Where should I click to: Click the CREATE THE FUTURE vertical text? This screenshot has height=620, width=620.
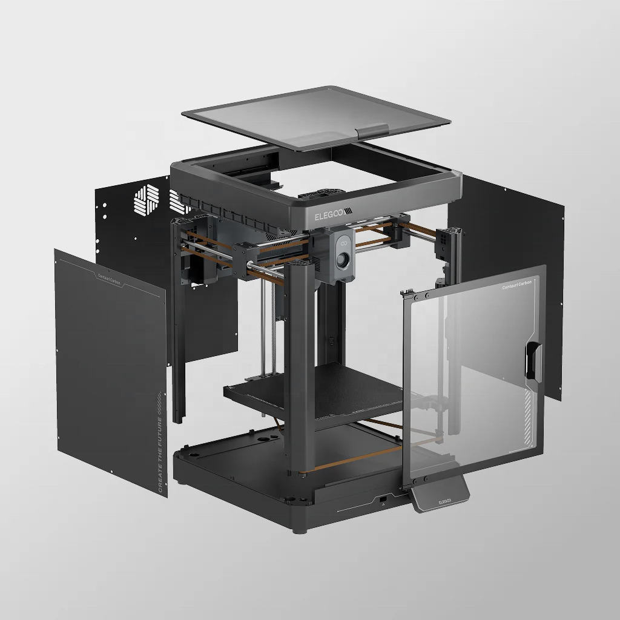pos(160,451)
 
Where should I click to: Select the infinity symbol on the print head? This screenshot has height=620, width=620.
pos(343,243)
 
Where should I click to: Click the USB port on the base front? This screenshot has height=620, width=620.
pos(383,500)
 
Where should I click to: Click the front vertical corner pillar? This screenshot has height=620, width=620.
pos(300,375)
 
